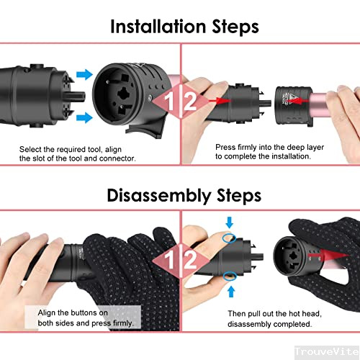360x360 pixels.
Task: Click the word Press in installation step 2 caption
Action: (227, 147)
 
